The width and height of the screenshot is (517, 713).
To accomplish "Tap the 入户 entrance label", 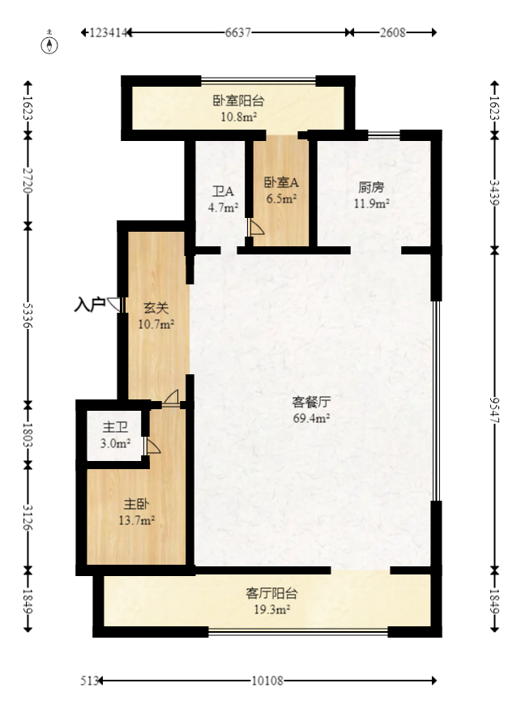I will click(89, 305).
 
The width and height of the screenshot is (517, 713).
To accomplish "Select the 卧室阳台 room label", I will click(238, 101).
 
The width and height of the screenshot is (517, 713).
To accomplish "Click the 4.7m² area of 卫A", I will click(223, 207).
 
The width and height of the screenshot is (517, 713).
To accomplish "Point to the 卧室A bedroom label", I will click(281, 182).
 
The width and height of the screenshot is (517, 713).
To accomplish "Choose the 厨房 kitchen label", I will click(371, 187).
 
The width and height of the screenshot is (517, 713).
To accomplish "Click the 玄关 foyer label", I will click(156, 308).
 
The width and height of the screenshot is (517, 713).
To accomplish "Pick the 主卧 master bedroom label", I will click(135, 504).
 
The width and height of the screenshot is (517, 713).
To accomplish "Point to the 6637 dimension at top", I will click(237, 32).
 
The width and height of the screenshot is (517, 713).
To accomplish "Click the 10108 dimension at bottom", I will click(267, 681).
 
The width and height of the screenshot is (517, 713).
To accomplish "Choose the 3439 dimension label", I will click(496, 192).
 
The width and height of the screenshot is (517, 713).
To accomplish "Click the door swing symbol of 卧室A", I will click(255, 228).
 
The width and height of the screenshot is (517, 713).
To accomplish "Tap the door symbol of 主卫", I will click(152, 446).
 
